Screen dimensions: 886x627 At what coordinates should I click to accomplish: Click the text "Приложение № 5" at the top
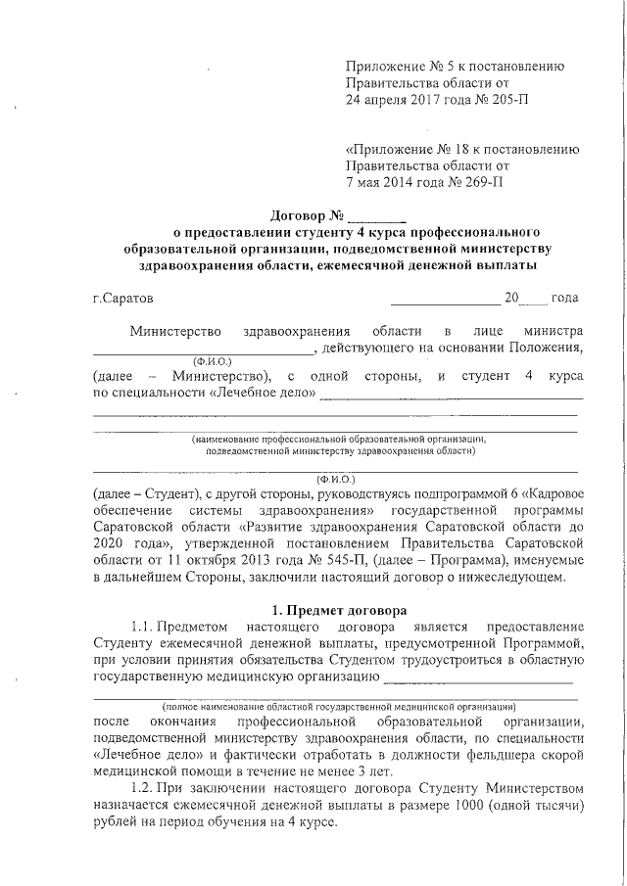(401, 67)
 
